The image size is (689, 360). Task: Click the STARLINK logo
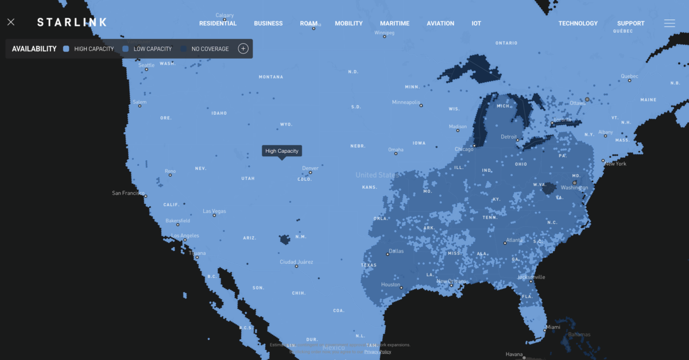coord(72,22)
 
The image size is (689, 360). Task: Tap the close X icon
coord(11,22)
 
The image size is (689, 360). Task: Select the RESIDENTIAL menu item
coord(218,24)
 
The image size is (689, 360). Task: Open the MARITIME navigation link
coord(394,24)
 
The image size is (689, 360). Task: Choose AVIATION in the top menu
coord(440,24)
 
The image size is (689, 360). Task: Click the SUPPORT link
coord(630,24)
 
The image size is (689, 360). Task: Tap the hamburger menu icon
coord(669,24)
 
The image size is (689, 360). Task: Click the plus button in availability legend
coord(243,49)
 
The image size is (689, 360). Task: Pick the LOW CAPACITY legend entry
coord(152,49)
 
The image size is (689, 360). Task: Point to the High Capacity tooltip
coord(281,151)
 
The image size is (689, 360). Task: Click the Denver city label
coord(310,168)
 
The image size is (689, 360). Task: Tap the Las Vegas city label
coord(215,211)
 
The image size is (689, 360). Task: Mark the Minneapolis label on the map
coord(406,102)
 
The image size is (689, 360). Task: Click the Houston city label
coord(390,285)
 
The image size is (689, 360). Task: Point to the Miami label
coord(553,327)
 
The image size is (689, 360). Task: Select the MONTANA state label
coord(271,77)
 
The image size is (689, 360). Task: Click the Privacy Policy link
coord(377,352)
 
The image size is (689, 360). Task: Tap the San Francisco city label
coord(128,193)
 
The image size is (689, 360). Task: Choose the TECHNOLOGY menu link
coord(578,24)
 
